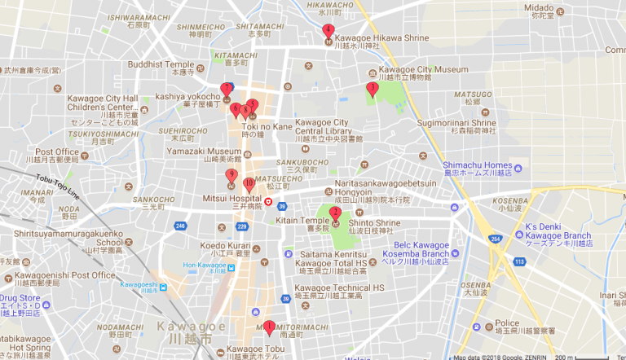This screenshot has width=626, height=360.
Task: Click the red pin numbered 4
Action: [328, 32]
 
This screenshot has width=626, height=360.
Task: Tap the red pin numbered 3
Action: [373, 89]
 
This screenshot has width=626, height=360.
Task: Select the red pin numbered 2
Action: [335, 215]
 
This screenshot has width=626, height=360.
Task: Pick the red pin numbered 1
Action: [270, 327]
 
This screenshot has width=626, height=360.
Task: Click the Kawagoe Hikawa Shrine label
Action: [375, 38]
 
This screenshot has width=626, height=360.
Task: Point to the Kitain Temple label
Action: [302, 220]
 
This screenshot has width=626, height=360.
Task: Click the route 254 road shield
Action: [496, 238]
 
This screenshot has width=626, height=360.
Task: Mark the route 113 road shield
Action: [518, 261]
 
